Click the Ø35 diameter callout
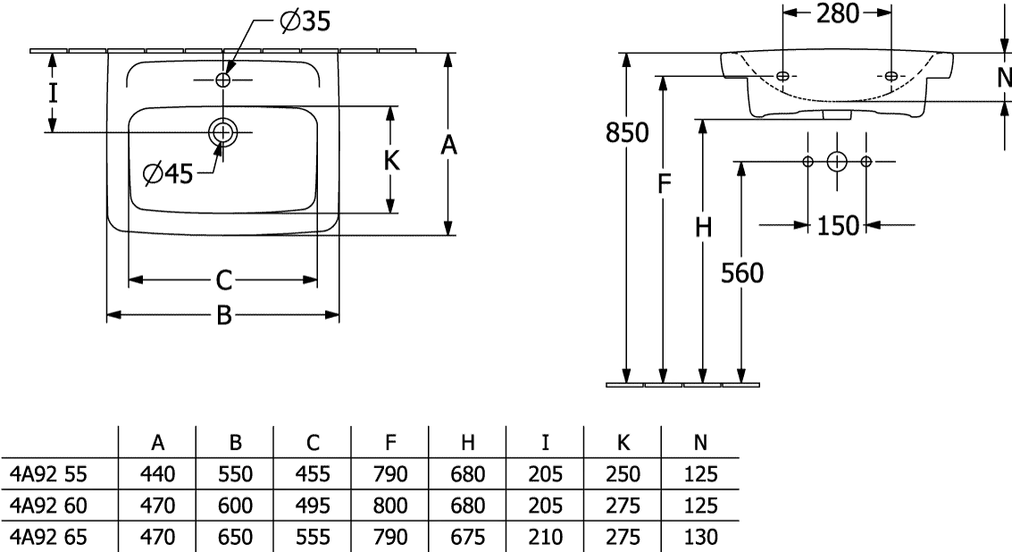pos(305,21)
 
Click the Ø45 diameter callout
pos(168,173)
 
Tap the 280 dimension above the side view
pos(838,13)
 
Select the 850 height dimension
pos(627,132)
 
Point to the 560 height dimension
pos(741,273)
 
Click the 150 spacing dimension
pos(838,226)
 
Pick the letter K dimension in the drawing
pos(392,160)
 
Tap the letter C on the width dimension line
pos(223,280)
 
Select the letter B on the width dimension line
pos(223,315)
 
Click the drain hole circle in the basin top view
pos(222,131)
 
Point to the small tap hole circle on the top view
pos(222,80)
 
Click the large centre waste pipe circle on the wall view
pos(836,162)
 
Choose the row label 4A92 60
pos(48,505)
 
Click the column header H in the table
pos(468,442)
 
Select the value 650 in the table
pos(235,537)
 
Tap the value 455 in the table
pos(313,474)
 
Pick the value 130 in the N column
pos(700,537)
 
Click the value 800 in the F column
pos(389,505)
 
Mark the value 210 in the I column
pos(546,537)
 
